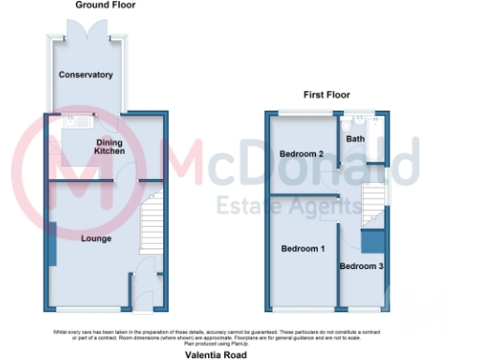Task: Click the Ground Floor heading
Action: click(x=105, y=6)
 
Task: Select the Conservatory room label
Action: click(x=85, y=75)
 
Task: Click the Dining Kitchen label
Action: click(x=111, y=146)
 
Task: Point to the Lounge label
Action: click(x=96, y=239)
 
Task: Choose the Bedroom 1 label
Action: click(x=302, y=248)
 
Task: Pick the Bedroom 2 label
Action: click(x=302, y=154)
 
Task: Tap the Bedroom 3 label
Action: click(x=361, y=267)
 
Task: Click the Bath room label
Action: click(x=356, y=139)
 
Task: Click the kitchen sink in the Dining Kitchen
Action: click(x=77, y=121)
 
